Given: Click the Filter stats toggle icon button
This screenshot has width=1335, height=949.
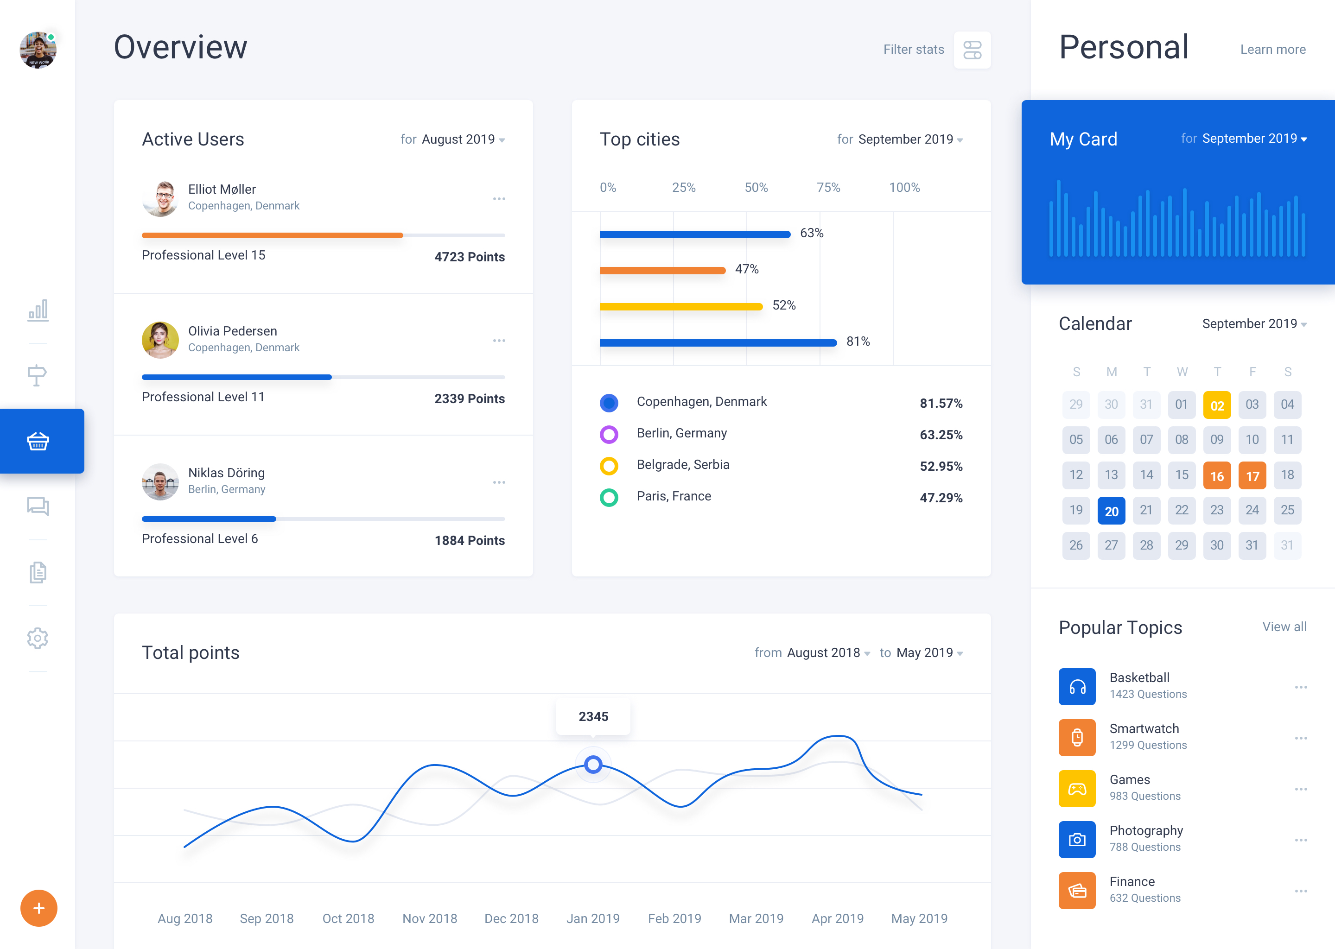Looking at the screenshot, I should pyautogui.click(x=972, y=50).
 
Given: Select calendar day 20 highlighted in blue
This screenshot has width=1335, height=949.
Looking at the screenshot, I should pyautogui.click(x=1111, y=511).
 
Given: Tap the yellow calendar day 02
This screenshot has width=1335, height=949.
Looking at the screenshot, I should pyautogui.click(x=1216, y=405).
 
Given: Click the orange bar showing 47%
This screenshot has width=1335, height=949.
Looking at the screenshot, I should pyautogui.click(x=662, y=270).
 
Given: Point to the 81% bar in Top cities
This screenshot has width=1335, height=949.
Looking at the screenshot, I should pyautogui.click(x=718, y=342).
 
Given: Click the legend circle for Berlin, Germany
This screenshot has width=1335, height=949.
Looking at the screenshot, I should pyautogui.click(x=609, y=434).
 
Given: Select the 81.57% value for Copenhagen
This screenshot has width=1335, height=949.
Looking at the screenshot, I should pyautogui.click(x=941, y=403).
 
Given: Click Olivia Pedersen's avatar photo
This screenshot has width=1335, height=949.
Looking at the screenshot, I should pyautogui.click(x=160, y=340).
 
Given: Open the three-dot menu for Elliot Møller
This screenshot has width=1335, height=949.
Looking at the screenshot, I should pyautogui.click(x=499, y=199).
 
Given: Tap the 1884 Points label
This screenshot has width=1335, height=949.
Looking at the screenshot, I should pyautogui.click(x=470, y=541).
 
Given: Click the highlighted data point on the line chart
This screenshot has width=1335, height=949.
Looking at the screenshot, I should pyautogui.click(x=593, y=764).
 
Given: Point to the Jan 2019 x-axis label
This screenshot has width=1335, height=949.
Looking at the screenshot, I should pyautogui.click(x=593, y=918).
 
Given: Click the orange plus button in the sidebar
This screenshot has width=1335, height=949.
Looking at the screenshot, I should pyautogui.click(x=38, y=908).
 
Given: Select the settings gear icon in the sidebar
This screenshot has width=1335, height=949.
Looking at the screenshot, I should pyautogui.click(x=38, y=638).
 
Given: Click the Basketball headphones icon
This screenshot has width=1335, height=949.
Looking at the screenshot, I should pyautogui.click(x=1077, y=687).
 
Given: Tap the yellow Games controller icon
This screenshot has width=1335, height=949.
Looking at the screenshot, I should pyautogui.click(x=1077, y=789).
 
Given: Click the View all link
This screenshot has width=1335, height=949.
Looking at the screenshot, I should pyautogui.click(x=1284, y=626).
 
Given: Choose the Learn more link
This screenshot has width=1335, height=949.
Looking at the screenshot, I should pyautogui.click(x=1272, y=50).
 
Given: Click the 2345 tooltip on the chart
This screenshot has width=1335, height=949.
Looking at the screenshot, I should pyautogui.click(x=593, y=716).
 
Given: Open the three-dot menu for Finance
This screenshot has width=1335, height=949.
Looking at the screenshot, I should pyautogui.click(x=1301, y=891).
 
